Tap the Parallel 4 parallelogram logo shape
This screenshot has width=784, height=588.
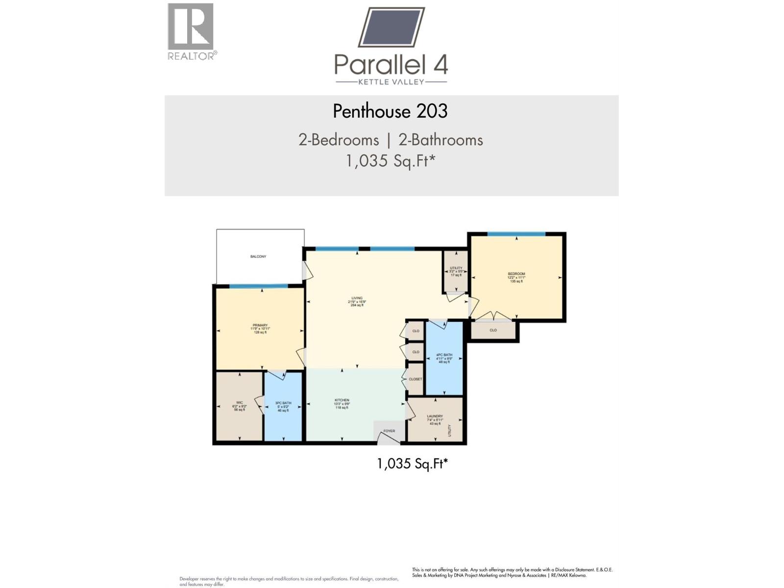click(x=392, y=27)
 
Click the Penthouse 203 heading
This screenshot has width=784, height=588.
click(x=390, y=111)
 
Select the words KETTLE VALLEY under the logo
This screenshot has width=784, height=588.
click(x=391, y=82)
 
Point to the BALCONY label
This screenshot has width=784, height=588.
click(x=258, y=257)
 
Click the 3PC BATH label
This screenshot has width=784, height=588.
click(x=283, y=403)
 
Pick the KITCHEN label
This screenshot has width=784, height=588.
click(x=342, y=400)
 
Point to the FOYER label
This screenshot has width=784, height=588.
click(x=389, y=431)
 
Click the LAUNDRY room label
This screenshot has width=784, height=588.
click(x=435, y=416)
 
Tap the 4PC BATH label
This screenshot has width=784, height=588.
click(x=444, y=355)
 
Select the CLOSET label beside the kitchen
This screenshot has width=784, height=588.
click(x=415, y=379)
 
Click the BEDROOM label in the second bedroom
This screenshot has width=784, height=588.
click(x=516, y=274)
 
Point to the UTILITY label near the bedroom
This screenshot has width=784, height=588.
click(x=456, y=268)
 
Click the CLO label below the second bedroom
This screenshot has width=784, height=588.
click(x=493, y=330)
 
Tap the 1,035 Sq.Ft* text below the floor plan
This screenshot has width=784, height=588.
click(x=412, y=464)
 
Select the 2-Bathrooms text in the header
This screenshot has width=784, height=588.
click(x=441, y=140)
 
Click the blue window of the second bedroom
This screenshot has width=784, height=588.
click(x=516, y=234)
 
